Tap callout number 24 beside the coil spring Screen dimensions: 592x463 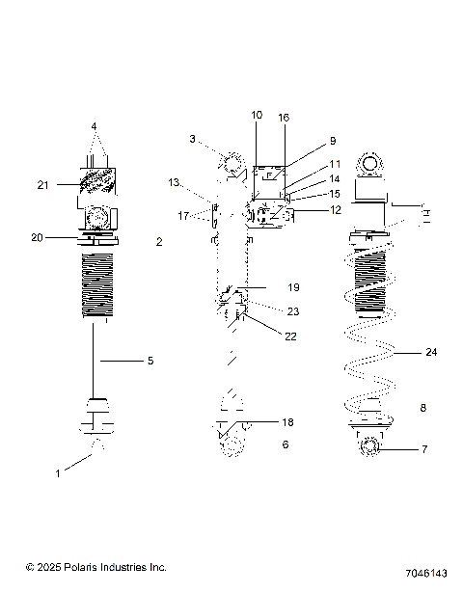click(x=431, y=353)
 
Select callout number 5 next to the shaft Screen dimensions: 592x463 click(x=150, y=361)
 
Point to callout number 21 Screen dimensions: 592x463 click(x=42, y=184)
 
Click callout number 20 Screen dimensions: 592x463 click(x=38, y=236)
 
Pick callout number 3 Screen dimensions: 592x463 click(x=193, y=139)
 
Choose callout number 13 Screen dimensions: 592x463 click(x=175, y=182)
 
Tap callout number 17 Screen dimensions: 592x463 click(x=183, y=216)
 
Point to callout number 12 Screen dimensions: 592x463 click(x=336, y=209)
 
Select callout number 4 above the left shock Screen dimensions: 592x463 click(x=95, y=126)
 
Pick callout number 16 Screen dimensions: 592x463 click(x=284, y=116)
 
